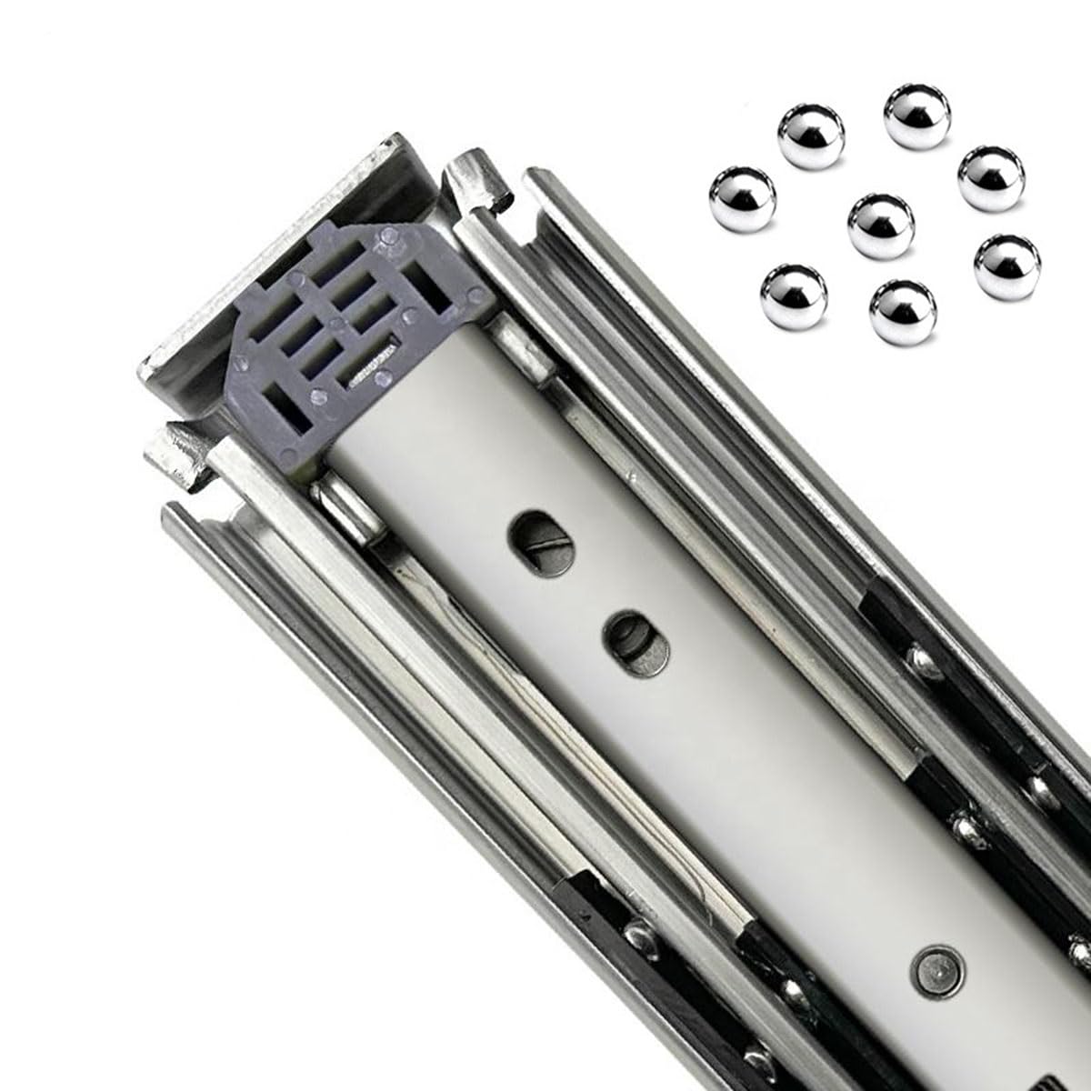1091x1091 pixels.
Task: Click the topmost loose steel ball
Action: point(916,115)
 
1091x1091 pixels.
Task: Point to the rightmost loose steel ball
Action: point(1006,265)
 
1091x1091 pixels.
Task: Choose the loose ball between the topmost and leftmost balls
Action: point(811,137)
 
